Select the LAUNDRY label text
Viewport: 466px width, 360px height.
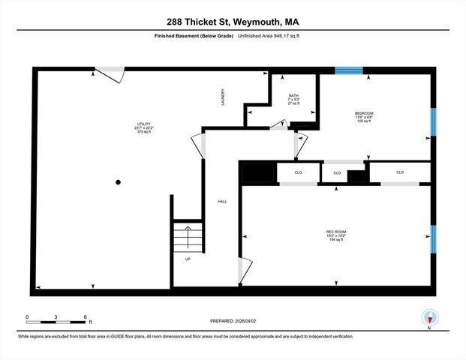(223, 97)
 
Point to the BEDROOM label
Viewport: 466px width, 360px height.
(365, 114)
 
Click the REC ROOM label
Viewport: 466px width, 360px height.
(335, 231)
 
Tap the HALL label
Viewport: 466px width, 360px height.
(222, 202)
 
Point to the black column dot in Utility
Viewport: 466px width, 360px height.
(118, 181)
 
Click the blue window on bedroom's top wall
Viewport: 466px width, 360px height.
(348, 70)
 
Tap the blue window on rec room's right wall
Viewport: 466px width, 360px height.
(432, 238)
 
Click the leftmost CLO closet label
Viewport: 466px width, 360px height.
(298, 172)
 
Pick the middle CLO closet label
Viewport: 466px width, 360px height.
(337, 173)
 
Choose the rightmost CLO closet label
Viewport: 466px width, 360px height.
(400, 172)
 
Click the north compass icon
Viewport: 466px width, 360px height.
(429, 316)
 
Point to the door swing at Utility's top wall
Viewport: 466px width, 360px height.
(111, 73)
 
